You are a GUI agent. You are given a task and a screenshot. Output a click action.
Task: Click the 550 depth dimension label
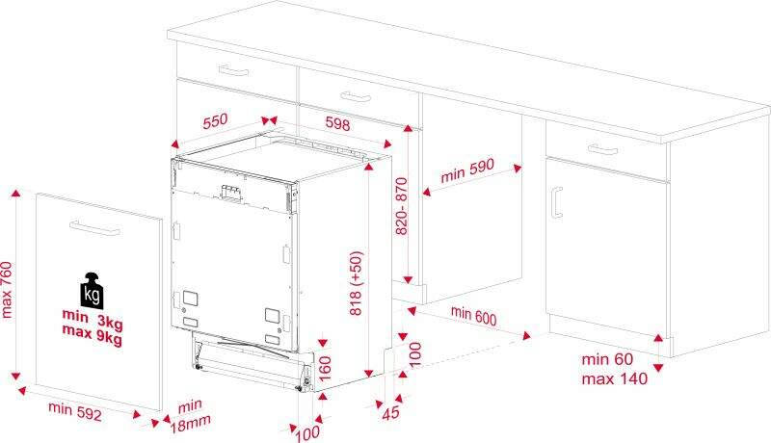tap(215, 120)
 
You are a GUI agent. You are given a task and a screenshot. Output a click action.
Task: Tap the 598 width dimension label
tap(338, 122)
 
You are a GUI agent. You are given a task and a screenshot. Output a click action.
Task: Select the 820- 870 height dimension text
tap(402, 206)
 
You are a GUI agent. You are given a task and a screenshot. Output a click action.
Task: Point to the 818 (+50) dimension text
tap(356, 283)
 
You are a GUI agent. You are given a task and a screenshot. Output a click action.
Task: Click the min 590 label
tap(467, 169)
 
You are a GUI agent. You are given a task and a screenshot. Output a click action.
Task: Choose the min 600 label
tap(473, 315)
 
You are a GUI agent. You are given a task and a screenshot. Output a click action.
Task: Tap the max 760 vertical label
tap(6, 289)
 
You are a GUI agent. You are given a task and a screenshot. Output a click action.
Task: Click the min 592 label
tap(75, 411)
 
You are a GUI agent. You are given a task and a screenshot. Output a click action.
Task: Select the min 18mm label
tap(190, 415)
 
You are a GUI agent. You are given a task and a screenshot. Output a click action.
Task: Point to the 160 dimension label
tap(325, 368)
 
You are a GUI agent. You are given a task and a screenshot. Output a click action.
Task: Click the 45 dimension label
tap(391, 412)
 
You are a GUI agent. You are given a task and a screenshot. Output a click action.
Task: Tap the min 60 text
tap(607, 359)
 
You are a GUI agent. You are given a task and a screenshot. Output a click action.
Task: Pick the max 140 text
tap(615, 378)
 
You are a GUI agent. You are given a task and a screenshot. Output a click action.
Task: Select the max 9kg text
tap(92, 335)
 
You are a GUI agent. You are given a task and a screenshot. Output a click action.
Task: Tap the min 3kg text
tap(93, 319)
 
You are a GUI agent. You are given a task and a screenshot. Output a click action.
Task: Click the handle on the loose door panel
tap(94, 228)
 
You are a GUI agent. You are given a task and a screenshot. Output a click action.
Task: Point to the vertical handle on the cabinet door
tap(557, 202)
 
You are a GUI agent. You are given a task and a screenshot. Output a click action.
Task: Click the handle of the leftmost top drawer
tap(233, 70)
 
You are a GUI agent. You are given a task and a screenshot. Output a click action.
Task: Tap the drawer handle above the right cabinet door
tap(603, 149)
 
